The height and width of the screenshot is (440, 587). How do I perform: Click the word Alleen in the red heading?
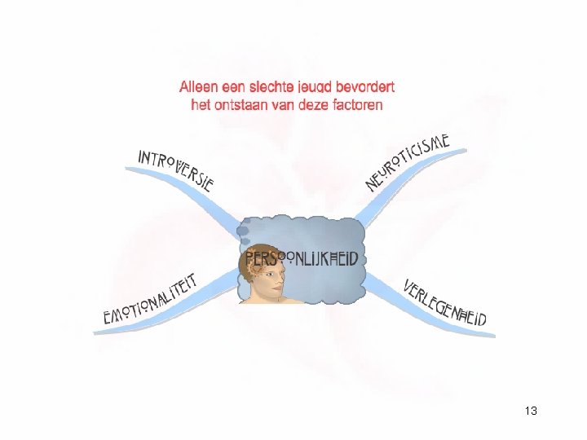point(199,86)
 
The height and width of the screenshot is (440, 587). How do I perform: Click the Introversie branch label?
point(175,169)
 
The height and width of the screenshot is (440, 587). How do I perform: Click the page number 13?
point(531,411)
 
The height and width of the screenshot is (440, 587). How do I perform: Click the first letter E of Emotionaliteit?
point(108,318)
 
